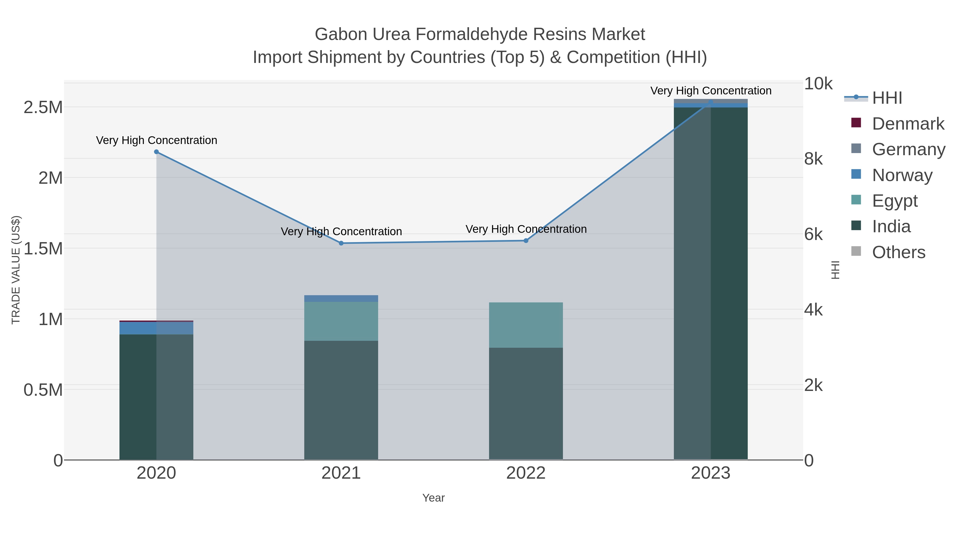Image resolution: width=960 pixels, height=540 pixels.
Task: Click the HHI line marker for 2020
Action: click(157, 152)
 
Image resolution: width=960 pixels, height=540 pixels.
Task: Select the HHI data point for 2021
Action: click(341, 243)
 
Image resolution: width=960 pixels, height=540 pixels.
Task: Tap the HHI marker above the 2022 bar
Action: click(526, 241)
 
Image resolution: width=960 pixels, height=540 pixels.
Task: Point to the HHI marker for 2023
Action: click(711, 102)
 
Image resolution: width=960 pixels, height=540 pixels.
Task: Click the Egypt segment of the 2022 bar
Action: click(526, 325)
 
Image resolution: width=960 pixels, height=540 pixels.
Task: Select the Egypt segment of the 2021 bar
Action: click(341, 321)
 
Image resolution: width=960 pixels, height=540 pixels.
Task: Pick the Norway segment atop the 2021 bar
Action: click(341, 298)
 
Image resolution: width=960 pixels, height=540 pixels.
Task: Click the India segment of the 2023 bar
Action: click(711, 283)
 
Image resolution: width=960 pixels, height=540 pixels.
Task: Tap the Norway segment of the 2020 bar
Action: click(157, 328)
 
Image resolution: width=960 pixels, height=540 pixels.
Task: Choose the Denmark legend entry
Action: click(908, 124)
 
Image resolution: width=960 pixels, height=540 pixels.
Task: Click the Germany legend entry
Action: click(908, 149)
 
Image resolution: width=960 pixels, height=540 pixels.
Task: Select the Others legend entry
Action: click(898, 252)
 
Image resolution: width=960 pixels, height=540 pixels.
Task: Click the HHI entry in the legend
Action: click(887, 98)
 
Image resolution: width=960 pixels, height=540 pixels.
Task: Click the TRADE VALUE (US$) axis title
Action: click(16, 270)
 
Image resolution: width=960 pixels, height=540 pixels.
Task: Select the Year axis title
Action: click(433, 498)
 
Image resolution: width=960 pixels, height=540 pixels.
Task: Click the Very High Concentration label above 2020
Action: click(157, 141)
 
